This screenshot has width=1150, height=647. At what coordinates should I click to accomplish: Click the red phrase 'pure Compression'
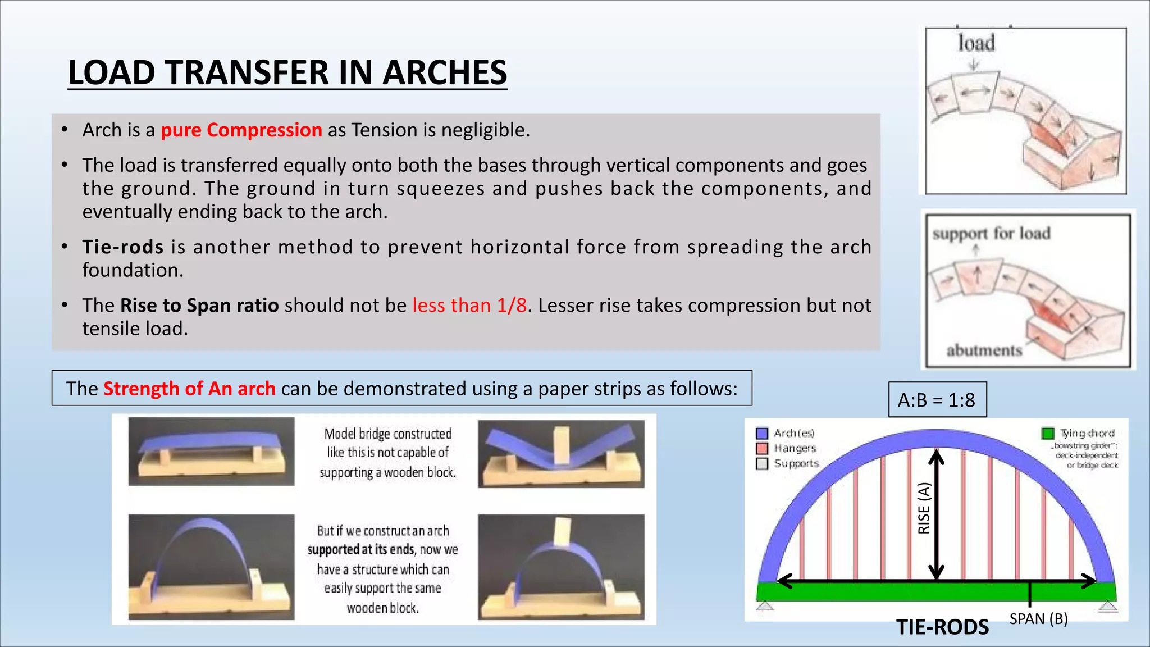coord(241,130)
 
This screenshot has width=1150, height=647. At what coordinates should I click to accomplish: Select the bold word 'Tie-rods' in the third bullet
coord(123,247)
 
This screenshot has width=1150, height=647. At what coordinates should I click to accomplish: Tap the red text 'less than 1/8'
coord(469,306)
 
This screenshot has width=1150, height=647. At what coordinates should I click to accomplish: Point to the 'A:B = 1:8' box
coord(937,400)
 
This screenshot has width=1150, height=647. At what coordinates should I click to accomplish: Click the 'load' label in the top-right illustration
coord(976,43)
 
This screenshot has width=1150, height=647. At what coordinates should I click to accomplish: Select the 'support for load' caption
coord(991,233)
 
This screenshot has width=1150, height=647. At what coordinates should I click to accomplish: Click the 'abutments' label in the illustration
coord(984,350)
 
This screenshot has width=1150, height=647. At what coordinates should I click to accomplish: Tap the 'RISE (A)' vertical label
coord(924,508)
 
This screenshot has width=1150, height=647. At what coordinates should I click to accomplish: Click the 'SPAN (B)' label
coord(1038,619)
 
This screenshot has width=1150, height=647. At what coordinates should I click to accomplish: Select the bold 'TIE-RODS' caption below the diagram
coord(942,627)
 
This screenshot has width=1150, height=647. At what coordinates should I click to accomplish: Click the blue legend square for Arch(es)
coord(762,434)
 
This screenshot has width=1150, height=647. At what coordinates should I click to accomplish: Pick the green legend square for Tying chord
coord(1047,434)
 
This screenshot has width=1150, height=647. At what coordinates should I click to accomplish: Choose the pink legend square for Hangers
coord(762,449)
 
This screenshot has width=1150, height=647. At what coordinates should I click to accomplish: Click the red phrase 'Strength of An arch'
coord(189,389)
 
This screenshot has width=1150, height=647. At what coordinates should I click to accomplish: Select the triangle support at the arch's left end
coord(765,606)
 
